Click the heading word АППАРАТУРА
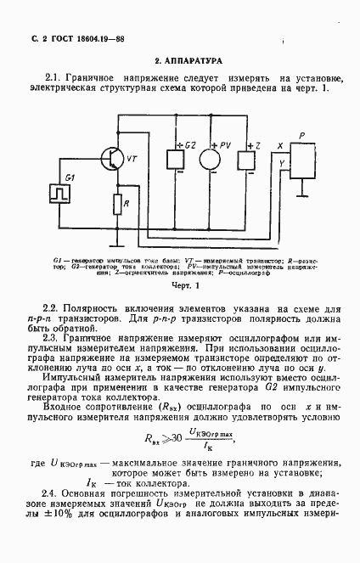[x=194, y=61]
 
